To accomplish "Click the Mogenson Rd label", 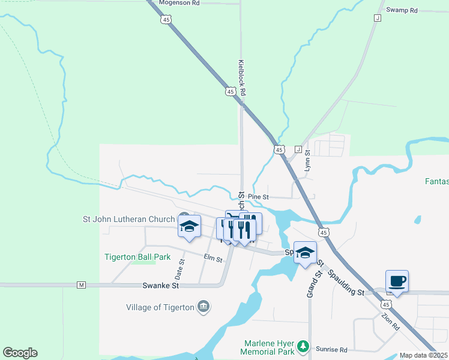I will pos(179,3).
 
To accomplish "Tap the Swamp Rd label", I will pos(402,10).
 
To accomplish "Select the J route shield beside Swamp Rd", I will pos(377,18).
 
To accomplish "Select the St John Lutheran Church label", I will pos(128,220).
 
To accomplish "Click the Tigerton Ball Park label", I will pos(137,257).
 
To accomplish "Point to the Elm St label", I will pos(213,259).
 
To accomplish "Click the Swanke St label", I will pos(161,286).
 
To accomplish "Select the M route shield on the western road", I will pos(82,285).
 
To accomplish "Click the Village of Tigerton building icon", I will pos(203,307).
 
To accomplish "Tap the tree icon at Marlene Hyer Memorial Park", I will pos(304,346).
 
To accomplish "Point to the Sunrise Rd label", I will pos(335,350).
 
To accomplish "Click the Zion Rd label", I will pos(390,322).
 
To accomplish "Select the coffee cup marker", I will pos(397,281).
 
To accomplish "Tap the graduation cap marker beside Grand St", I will pos(305,253).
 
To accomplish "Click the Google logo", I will pos(20,353).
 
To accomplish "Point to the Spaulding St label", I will pos(346,283).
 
